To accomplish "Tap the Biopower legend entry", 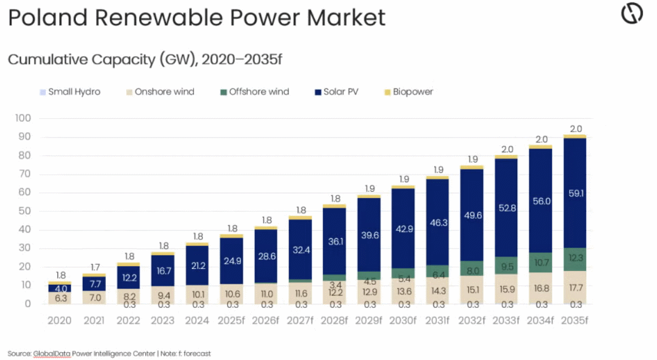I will click(x=413, y=92).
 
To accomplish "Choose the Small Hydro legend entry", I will click(x=74, y=92).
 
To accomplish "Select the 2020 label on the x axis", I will click(x=59, y=320).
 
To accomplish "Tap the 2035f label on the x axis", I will click(x=574, y=320).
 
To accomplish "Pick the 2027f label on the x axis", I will click(x=300, y=320).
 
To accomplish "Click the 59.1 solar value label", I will click(x=574, y=194).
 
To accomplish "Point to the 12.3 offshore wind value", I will click(x=574, y=259).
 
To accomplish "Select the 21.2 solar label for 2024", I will click(x=197, y=265).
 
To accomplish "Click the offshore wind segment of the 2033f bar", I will click(x=506, y=265).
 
